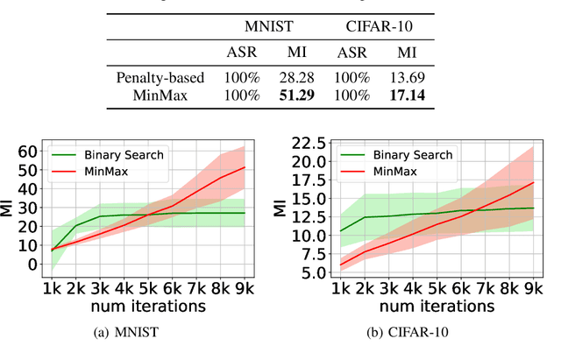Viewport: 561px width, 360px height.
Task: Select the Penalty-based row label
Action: click(160, 77)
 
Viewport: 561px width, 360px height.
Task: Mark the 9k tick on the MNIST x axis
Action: click(245, 288)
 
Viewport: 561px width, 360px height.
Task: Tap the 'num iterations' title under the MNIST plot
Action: click(143, 306)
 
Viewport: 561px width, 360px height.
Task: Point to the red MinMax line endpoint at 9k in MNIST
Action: click(245, 167)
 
